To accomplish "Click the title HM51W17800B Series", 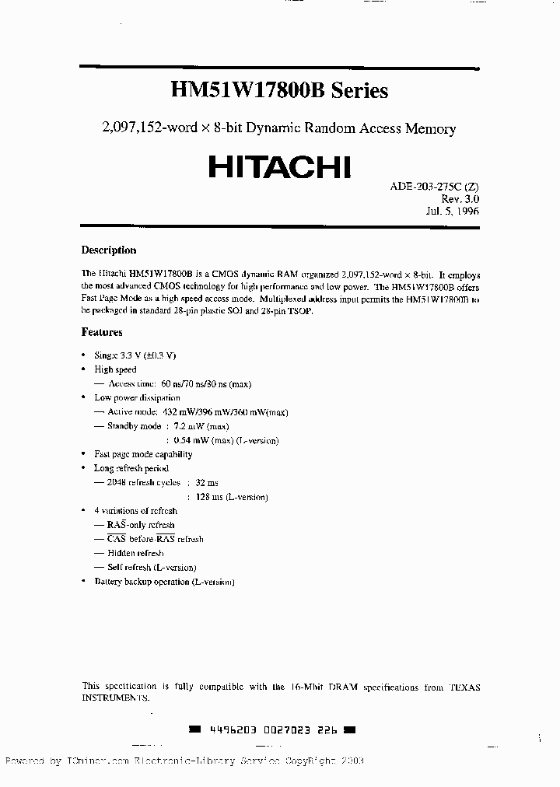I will [x=279, y=90].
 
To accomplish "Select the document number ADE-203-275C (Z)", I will [x=433, y=187].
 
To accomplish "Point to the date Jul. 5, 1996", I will [x=452, y=211].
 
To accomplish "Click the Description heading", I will [x=109, y=250].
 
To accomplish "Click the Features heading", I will [x=102, y=332].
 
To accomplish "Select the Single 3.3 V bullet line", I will [x=135, y=355].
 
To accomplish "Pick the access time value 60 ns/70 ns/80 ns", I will [x=205, y=383].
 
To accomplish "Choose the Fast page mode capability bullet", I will [x=143, y=454].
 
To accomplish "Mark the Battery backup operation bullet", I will [x=163, y=582].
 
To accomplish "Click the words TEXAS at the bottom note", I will [x=465, y=687].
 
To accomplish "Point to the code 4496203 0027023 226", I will [x=272, y=730].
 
